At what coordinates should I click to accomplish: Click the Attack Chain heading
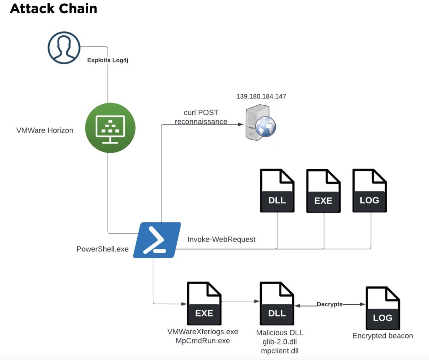54,9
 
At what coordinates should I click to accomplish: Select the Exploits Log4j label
108,60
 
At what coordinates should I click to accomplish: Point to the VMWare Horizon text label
45,130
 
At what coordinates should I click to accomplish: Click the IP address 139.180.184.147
261,96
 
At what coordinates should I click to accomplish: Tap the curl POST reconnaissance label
201,117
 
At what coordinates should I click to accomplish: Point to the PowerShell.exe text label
102,249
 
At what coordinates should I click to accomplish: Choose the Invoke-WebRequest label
221,239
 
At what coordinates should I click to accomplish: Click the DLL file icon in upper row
277,191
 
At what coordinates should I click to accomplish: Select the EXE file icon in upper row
324,191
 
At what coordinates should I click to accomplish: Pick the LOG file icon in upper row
370,191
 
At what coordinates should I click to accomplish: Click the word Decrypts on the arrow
329,304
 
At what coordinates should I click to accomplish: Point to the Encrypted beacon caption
383,336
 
